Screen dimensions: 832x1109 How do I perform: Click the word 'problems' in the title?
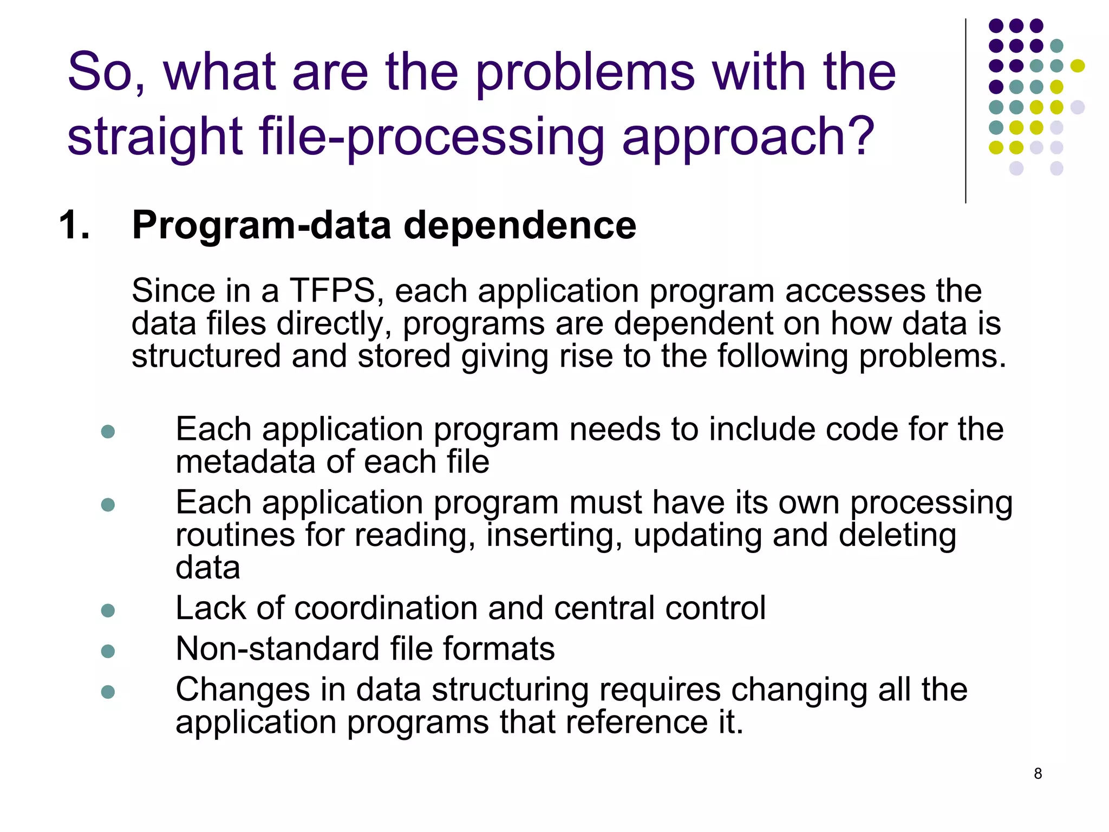pyautogui.click(x=585, y=73)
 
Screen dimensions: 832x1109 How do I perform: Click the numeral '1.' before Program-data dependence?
pyautogui.click(x=74, y=225)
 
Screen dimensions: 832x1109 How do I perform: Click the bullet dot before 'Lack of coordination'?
pyautogui.click(x=108, y=610)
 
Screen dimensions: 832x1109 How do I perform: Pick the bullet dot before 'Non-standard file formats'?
pyautogui.click(x=108, y=651)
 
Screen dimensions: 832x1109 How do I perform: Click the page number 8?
pyautogui.click(x=1038, y=773)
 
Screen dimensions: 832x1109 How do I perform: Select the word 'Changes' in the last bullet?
pyautogui.click(x=243, y=690)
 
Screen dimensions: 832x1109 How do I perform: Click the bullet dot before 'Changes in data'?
pyautogui.click(x=108, y=692)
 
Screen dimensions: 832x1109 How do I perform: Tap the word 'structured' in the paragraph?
pyautogui.click(x=206, y=356)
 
